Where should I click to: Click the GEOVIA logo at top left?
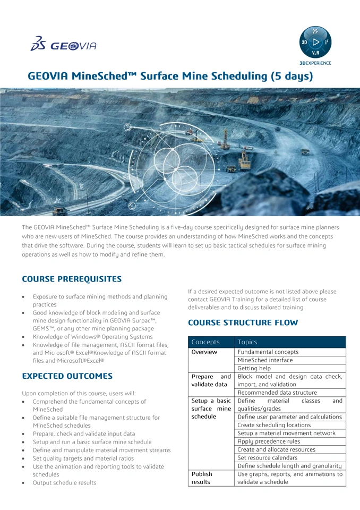pyautogui.click(x=63, y=45)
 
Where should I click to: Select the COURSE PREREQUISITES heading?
pyautogui.click(x=72, y=279)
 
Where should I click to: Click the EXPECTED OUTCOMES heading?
pyautogui.click(x=67, y=376)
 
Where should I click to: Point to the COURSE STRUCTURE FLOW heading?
pyautogui.click(x=243, y=322)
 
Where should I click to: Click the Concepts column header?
pyautogui.click(x=205, y=342)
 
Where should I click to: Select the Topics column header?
pyautogui.click(x=247, y=342)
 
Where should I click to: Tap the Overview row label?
pyautogui.click(x=204, y=352)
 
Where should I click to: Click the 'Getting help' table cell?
pyautogui.click(x=254, y=368)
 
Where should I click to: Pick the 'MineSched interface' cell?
pyautogui.click(x=265, y=360)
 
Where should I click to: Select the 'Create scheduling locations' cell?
pyautogui.click(x=274, y=425)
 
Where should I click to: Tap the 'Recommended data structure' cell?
pyautogui.click(x=277, y=393)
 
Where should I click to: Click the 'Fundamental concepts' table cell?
pyautogui.click(x=268, y=352)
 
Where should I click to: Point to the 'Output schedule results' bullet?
pyautogui.click(x=65, y=482)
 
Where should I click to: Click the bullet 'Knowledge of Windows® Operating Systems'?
pyautogui.click(x=92, y=337)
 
